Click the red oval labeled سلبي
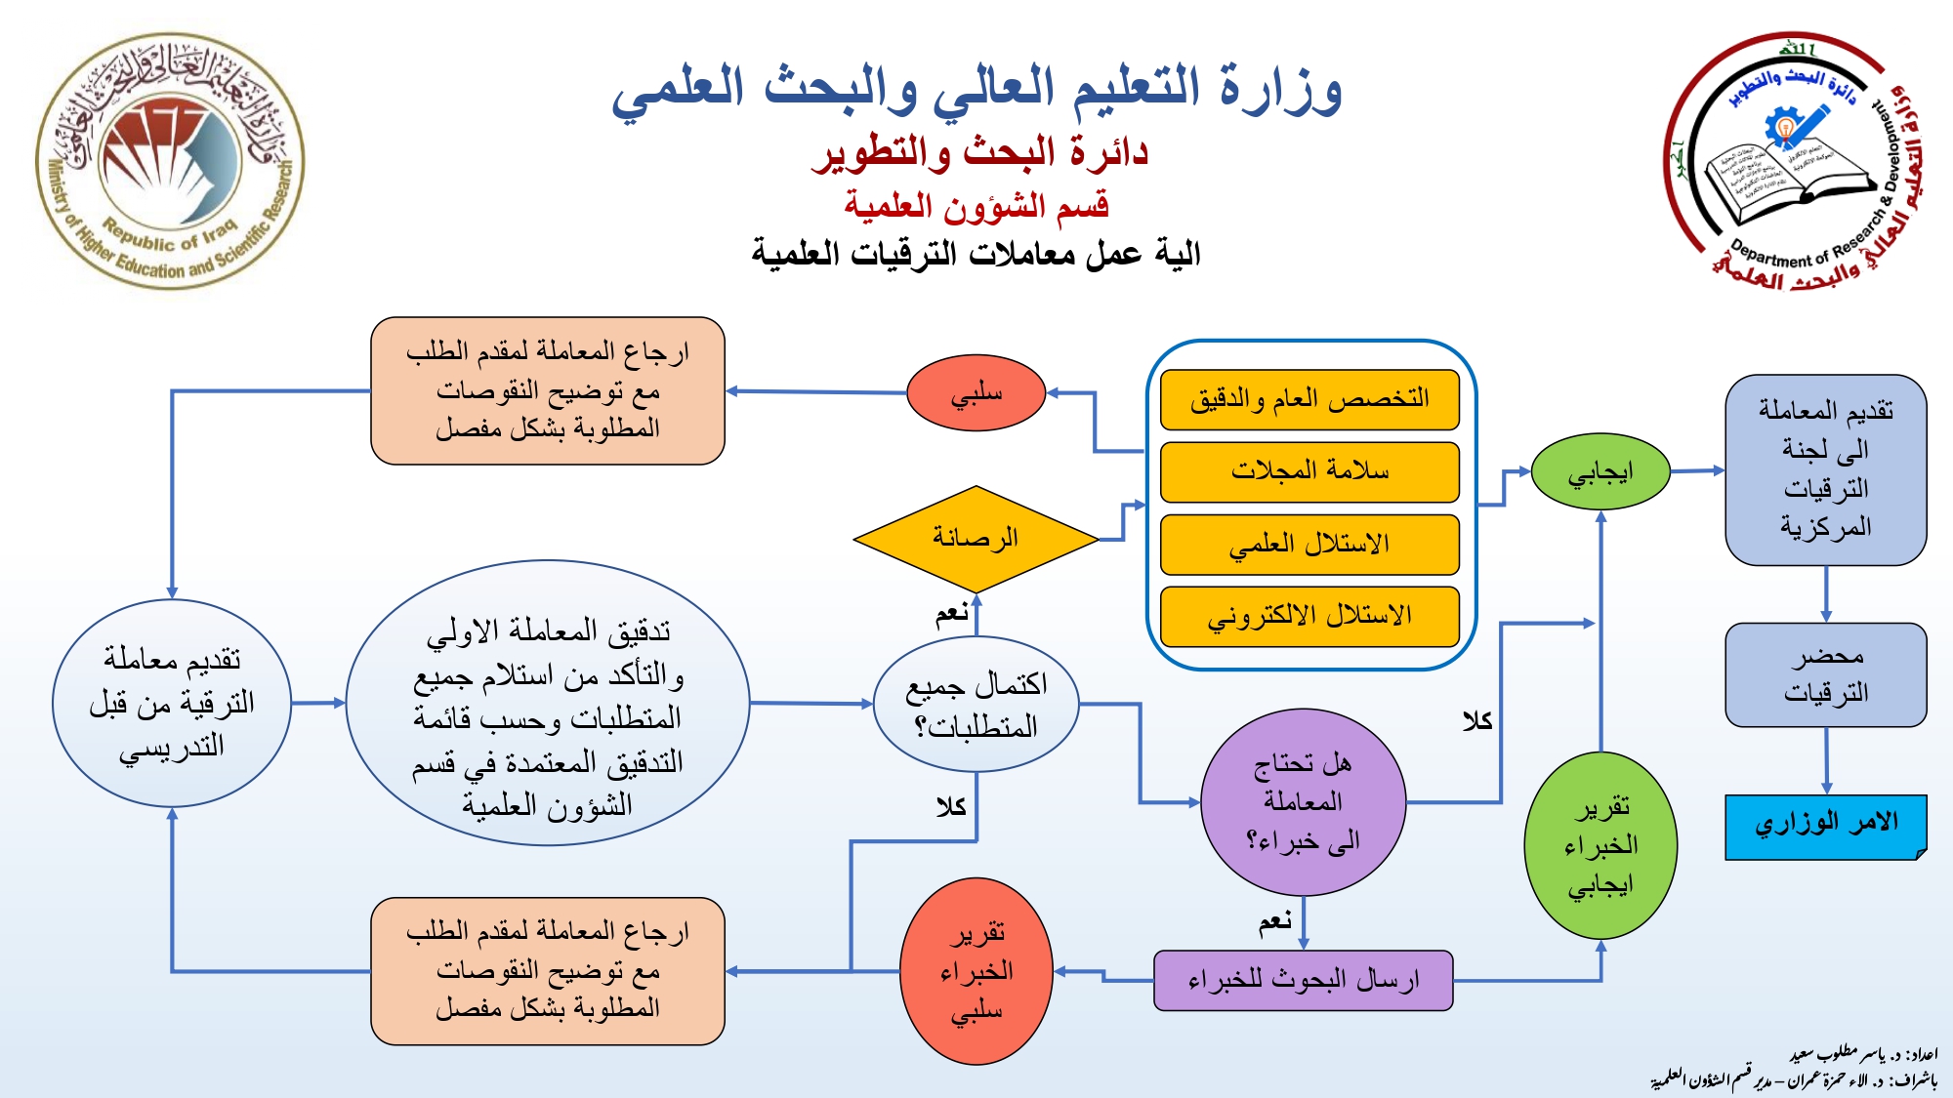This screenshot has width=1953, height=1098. (976, 392)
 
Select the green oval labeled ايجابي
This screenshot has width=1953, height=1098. (1600, 472)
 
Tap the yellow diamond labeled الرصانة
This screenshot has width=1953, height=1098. (976, 538)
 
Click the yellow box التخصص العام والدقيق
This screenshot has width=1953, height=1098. (1309, 399)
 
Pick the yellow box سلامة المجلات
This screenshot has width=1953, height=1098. (1309, 471)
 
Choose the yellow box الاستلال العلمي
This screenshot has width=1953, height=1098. (1309, 544)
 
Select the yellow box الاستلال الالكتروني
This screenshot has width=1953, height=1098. (1309, 616)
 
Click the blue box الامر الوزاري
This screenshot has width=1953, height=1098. (1825, 826)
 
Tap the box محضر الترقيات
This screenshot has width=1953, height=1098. (1825, 674)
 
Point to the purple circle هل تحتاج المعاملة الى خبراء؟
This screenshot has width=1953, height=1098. (1303, 801)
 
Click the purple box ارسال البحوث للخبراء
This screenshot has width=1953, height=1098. (1303, 980)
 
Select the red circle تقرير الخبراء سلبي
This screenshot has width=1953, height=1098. (976, 971)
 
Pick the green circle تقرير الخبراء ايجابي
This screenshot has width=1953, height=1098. (1600, 845)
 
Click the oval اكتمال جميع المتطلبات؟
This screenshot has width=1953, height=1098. (976, 704)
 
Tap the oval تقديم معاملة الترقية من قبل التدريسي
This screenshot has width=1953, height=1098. (172, 703)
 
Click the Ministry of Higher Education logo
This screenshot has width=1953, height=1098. (170, 161)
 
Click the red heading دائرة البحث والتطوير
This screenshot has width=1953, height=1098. (979, 152)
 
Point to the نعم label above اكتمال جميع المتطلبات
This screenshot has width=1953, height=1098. (952, 613)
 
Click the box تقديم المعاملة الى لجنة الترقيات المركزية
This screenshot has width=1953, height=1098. (1825, 469)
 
